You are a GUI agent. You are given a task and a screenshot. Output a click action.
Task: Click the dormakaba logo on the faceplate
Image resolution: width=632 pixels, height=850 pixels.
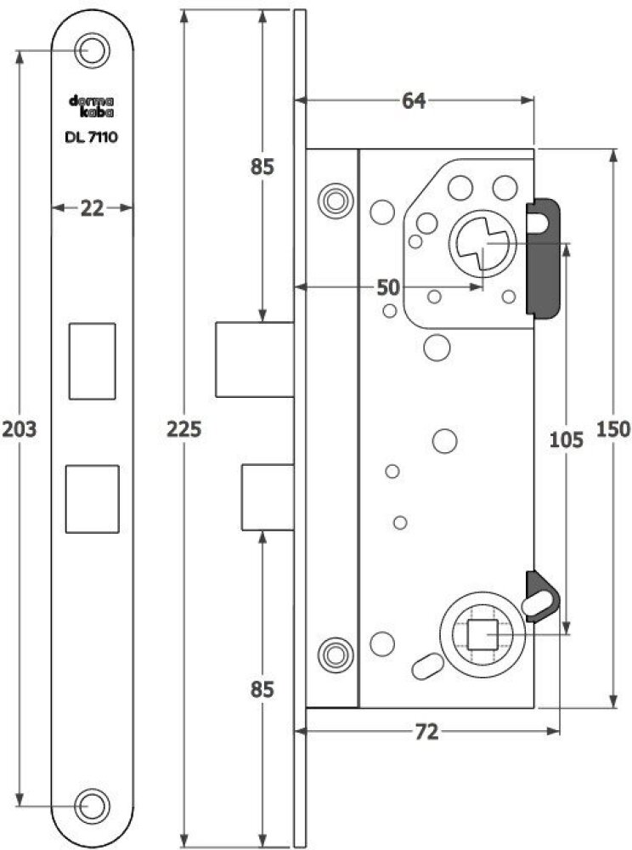[x=91, y=106]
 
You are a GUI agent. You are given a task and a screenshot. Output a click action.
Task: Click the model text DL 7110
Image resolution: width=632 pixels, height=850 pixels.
[x=91, y=137]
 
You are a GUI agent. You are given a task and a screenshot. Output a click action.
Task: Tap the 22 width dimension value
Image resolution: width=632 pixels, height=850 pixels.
[x=92, y=208]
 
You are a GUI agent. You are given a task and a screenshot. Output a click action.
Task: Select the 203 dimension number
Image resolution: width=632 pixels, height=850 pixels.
[x=20, y=428]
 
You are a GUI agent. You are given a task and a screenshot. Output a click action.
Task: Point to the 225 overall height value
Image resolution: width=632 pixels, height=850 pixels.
[x=183, y=428]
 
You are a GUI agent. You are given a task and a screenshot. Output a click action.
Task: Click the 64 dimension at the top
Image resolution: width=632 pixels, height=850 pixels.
[x=414, y=101]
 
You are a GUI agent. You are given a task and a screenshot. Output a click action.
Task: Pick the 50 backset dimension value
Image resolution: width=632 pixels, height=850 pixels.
[x=387, y=288]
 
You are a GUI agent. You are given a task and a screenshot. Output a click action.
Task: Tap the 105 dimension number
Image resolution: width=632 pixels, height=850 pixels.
[x=567, y=439]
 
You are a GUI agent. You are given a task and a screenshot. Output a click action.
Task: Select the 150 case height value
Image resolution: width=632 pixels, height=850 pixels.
[x=613, y=428]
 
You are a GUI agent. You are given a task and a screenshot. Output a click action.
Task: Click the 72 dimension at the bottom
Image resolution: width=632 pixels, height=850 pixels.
[x=426, y=733]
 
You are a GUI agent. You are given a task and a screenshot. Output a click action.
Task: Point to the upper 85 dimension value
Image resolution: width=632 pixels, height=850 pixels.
[x=262, y=167]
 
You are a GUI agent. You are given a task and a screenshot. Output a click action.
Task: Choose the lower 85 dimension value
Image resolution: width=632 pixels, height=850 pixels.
[x=262, y=689]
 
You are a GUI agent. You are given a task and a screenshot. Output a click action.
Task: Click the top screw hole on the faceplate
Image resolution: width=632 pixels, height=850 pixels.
[x=92, y=50]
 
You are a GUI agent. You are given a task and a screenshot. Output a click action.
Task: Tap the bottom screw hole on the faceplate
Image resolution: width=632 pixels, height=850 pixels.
[x=92, y=806]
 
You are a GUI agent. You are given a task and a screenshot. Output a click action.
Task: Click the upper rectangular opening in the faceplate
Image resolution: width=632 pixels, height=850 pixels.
[x=92, y=361]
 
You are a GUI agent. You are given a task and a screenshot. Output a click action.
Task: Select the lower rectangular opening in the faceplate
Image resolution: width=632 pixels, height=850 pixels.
[x=92, y=499]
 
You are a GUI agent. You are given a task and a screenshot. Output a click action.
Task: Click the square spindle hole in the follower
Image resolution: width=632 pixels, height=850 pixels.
[x=482, y=635]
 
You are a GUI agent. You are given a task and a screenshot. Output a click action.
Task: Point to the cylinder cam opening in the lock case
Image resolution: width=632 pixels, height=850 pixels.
[x=482, y=243]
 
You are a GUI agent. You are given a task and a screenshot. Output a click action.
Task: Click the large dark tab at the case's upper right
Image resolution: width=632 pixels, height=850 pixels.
[x=543, y=258]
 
